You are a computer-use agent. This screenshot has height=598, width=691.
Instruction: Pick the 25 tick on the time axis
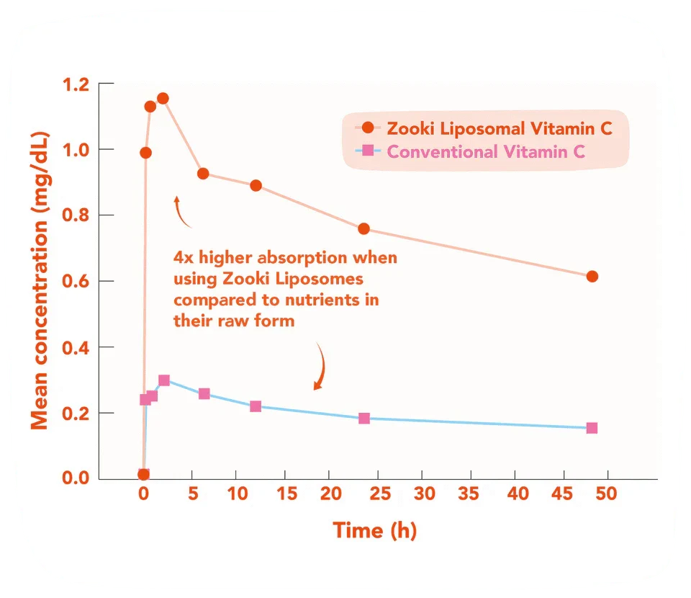pos(376,496)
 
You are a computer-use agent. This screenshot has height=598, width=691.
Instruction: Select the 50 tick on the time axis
pos(608,496)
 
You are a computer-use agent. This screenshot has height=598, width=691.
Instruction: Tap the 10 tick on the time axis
pos(237,496)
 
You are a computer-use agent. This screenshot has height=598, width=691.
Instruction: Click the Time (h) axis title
pos(374,531)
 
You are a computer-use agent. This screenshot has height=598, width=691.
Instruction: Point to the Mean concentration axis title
pos(40,281)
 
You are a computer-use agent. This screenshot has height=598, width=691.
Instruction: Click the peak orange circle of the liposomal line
pos(163,98)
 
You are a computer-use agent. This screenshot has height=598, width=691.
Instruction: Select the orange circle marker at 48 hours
pos(592,277)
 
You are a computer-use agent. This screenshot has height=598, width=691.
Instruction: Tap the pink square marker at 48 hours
pos(592,428)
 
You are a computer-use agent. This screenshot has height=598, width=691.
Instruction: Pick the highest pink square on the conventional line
pos(164,380)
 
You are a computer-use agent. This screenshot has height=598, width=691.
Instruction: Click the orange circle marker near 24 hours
pos(363,229)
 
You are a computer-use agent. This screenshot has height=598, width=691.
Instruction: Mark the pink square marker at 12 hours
pos(256,406)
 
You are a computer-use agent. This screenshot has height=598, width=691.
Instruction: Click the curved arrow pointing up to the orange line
pos(181,210)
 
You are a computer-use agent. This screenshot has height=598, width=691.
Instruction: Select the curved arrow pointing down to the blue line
pos(320,367)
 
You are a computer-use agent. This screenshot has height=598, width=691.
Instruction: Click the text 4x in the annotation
pos(184,257)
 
